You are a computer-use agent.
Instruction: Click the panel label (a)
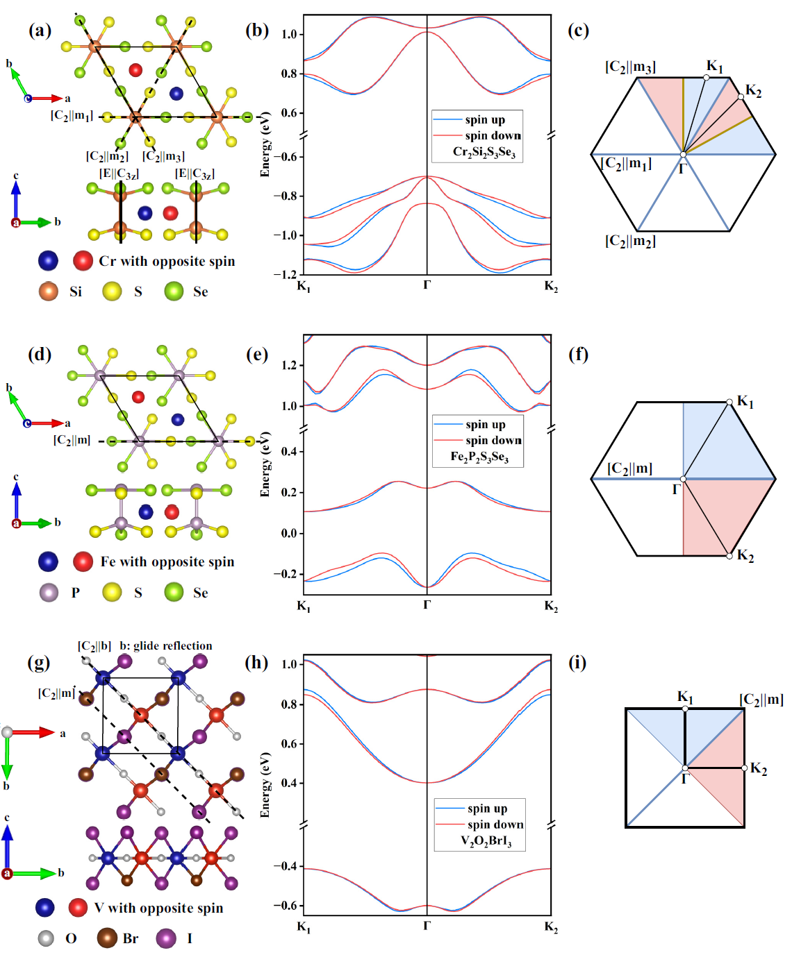(x=40, y=30)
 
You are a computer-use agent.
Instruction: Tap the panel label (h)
(x=256, y=662)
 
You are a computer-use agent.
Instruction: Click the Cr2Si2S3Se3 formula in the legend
(x=484, y=152)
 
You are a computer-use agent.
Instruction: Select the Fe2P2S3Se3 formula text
(x=479, y=457)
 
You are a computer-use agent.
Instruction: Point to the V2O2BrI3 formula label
(x=486, y=840)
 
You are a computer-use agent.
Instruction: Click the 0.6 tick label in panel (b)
(x=289, y=113)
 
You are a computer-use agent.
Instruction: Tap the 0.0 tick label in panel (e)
(x=289, y=533)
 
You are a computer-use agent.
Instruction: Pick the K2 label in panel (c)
(x=753, y=91)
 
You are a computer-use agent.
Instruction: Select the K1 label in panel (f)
(x=745, y=401)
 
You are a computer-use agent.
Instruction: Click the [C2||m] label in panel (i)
(x=761, y=699)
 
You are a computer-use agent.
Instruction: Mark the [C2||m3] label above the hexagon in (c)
(x=630, y=67)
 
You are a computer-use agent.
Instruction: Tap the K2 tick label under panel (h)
(x=551, y=927)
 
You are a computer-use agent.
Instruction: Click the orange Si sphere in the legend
(x=49, y=291)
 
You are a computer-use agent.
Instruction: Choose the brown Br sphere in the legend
(x=107, y=938)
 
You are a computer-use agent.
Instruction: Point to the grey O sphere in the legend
(x=46, y=938)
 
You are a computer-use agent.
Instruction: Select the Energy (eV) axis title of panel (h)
(x=265, y=784)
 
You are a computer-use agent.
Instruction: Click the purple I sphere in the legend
(x=166, y=938)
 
